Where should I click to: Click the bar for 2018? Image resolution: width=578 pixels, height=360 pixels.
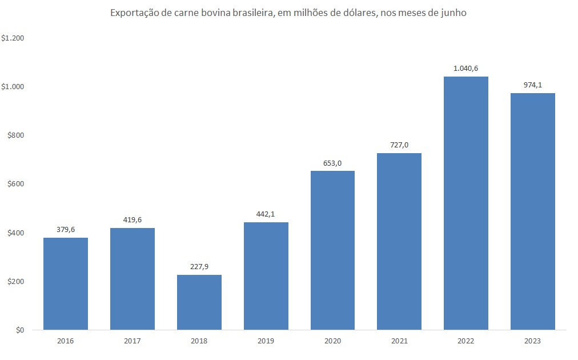(x=199, y=302)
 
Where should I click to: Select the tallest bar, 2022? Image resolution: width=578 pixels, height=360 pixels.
(x=466, y=203)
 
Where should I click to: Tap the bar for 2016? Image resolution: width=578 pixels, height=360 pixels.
(x=66, y=283)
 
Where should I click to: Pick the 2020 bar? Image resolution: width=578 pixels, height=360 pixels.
(x=332, y=250)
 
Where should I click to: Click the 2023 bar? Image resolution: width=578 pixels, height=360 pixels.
(x=533, y=211)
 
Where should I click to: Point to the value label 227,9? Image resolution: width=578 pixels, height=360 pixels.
(x=199, y=266)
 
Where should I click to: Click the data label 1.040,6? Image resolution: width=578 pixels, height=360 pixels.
(x=466, y=68)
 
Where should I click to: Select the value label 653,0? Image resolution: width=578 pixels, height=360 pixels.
(x=332, y=163)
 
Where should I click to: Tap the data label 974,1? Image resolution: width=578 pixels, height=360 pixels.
(x=533, y=85)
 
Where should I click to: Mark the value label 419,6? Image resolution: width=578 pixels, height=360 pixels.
(x=133, y=219)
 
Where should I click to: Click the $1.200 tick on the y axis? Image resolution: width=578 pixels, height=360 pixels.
(x=13, y=38)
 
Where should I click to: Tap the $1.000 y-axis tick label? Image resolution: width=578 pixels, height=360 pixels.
(x=13, y=87)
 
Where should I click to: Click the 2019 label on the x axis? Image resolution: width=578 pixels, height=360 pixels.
(x=266, y=341)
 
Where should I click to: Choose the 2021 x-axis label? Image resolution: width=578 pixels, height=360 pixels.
(x=399, y=341)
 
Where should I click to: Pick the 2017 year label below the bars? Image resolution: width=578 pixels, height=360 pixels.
(x=133, y=341)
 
